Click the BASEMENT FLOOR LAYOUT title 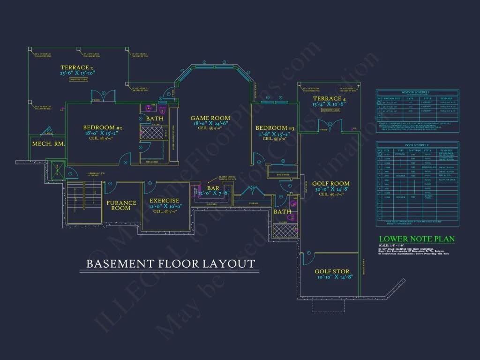click(171, 263)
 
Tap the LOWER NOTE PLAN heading click(417, 239)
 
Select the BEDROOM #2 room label click(103, 127)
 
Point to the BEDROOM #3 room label click(275, 128)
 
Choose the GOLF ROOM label click(333, 184)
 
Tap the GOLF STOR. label click(330, 271)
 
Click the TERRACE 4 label click(330, 99)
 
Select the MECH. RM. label click(48, 143)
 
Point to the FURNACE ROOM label click(121, 205)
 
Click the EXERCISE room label click(164, 201)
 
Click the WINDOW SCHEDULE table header click(417, 92)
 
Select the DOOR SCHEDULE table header click(417, 145)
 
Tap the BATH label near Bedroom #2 click(154, 119)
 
